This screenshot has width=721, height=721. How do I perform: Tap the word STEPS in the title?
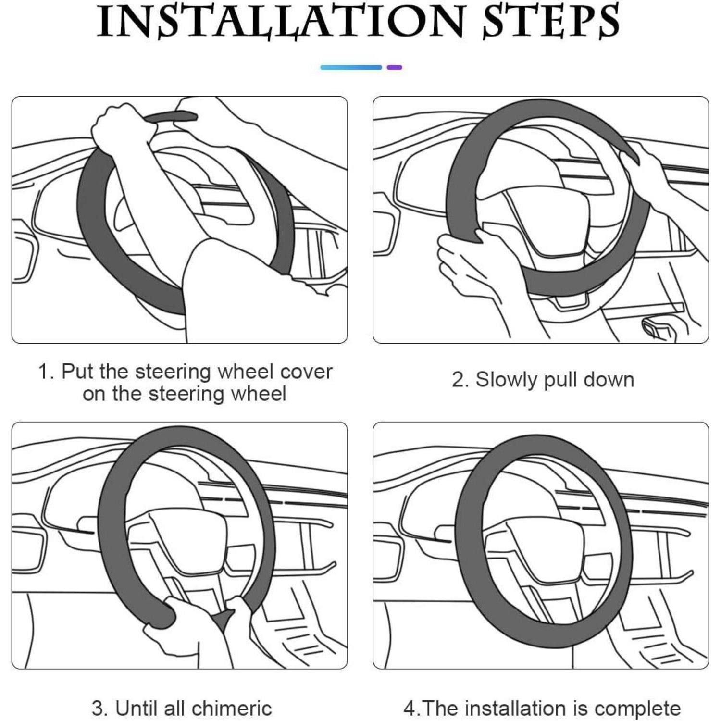(x=551, y=22)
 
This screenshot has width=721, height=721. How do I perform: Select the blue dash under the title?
(x=351, y=67)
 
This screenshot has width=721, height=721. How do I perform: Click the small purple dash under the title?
(x=394, y=67)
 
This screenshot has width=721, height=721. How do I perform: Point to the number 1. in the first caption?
(x=47, y=372)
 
